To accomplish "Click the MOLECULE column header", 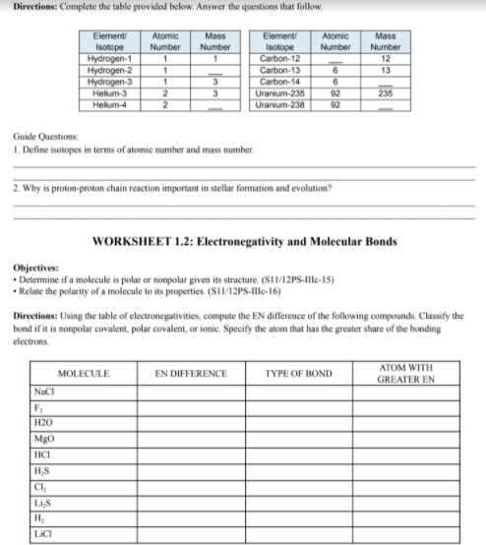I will coord(84,375).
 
